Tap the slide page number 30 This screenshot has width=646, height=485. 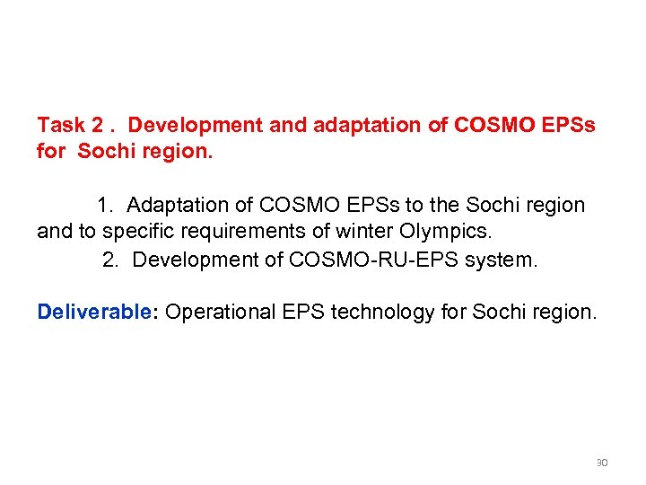click(x=602, y=463)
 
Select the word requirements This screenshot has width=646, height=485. click(x=260, y=232)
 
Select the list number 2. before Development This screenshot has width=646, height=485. click(x=111, y=260)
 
